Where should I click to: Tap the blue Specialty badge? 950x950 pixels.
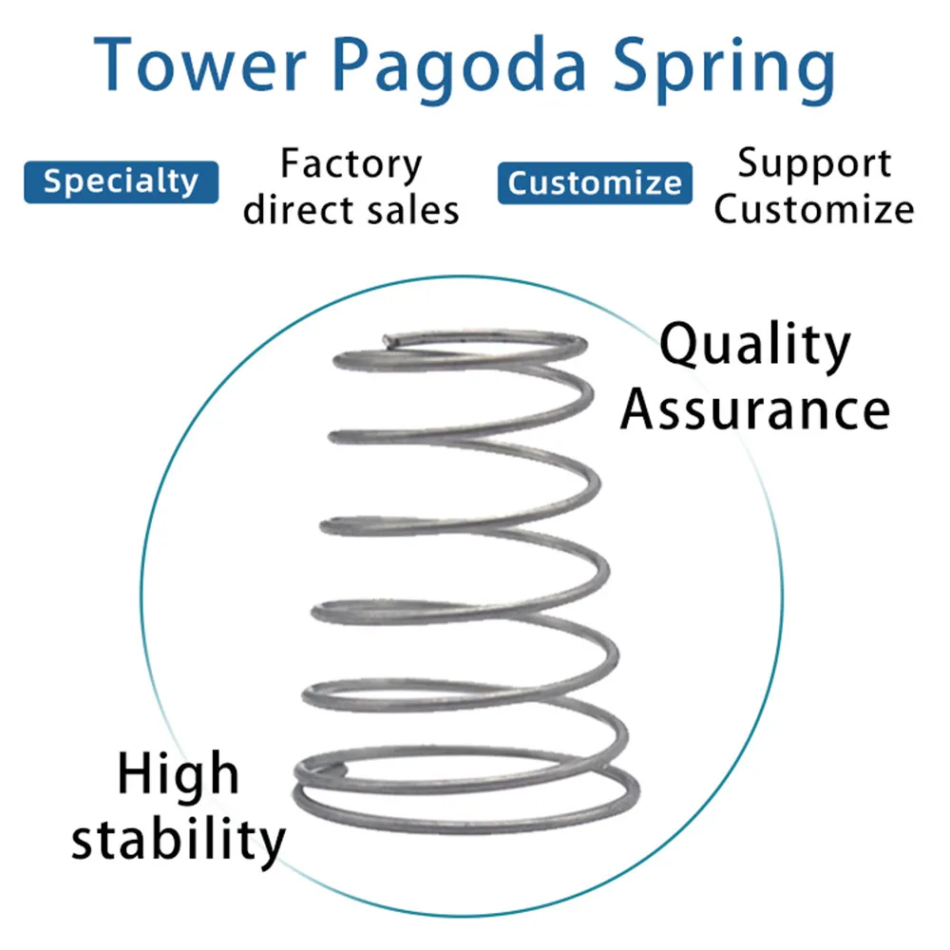[x=121, y=181]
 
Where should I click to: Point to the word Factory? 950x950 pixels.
[x=351, y=166]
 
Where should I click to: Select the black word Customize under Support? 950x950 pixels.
[x=814, y=210]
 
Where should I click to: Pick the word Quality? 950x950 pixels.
[x=755, y=347]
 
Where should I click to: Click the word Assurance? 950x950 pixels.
[x=755, y=410]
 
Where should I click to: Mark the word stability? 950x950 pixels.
[x=179, y=840]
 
